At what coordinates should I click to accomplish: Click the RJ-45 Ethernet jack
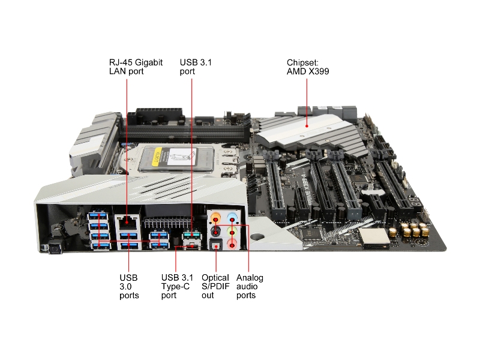[x=127, y=222]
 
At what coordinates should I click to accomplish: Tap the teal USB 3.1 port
[x=192, y=235]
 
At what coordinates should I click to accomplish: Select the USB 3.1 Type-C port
[x=192, y=246]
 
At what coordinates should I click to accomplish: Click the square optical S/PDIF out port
[x=216, y=245]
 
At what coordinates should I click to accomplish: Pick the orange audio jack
[x=216, y=218]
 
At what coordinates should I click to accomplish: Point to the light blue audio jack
[x=232, y=218]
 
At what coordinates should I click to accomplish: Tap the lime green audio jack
[x=232, y=232]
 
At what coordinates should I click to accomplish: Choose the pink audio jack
[x=232, y=245]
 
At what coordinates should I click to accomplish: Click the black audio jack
[x=216, y=232]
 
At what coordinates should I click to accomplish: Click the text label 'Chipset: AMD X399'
[x=308, y=67]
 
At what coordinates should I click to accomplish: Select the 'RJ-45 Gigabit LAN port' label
[x=136, y=67]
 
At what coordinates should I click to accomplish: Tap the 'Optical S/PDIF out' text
[x=215, y=287]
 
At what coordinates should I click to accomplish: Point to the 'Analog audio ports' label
[x=250, y=287]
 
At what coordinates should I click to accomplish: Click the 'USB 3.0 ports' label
[x=129, y=287]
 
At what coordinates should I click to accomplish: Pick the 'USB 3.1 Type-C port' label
[x=177, y=287]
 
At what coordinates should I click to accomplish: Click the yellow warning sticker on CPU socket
[x=156, y=156]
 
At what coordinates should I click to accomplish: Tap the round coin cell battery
[x=373, y=193]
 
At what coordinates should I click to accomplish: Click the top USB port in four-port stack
[x=98, y=216]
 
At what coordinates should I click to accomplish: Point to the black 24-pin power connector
[x=159, y=116]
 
